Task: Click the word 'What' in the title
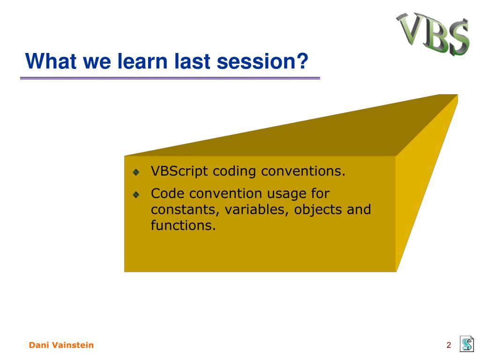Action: (51, 61)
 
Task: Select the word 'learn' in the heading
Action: (142, 61)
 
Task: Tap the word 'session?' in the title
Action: (262, 61)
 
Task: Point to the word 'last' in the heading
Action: (192, 61)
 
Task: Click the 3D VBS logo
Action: (433, 34)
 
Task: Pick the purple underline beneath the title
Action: (170, 78)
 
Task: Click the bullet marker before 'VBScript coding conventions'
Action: (136, 172)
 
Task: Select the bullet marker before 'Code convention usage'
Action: (136, 195)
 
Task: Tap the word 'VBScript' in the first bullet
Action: (180, 171)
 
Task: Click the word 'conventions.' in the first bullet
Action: (303, 171)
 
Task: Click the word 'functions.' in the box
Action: (183, 225)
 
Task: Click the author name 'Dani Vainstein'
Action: (61, 345)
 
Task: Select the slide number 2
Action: (449, 345)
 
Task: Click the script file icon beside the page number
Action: (467, 344)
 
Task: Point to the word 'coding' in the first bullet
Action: (234, 171)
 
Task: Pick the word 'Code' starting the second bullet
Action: (167, 194)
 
